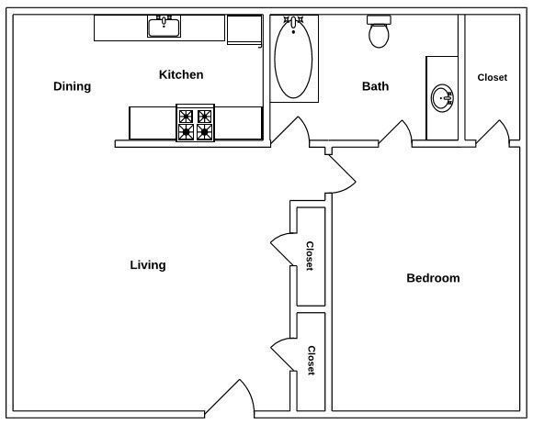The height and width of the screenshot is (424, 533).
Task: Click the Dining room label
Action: [72, 87]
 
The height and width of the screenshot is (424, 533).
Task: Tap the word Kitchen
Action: [181, 75]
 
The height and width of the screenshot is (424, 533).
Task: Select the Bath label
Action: [375, 87]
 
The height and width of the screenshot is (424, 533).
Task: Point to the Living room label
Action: [148, 265]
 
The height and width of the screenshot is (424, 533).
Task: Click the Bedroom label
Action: [433, 278]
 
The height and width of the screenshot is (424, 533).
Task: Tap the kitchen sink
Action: [164, 27]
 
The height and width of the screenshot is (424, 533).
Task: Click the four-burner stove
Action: [195, 124]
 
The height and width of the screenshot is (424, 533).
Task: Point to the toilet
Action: [378, 32]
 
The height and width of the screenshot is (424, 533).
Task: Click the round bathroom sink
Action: [442, 97]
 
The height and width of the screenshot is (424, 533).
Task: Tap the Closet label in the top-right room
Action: [492, 78]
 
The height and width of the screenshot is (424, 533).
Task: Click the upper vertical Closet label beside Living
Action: [310, 256]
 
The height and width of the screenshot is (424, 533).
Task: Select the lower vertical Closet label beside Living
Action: [311, 361]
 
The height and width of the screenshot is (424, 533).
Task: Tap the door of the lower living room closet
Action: [281, 355]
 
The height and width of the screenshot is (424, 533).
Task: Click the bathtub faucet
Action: [293, 22]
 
